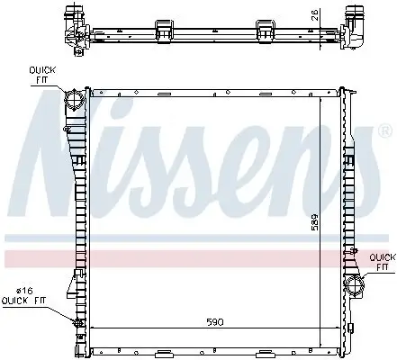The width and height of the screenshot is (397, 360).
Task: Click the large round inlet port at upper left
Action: click(x=76, y=98)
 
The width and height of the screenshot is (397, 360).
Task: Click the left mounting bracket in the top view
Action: click(x=165, y=29)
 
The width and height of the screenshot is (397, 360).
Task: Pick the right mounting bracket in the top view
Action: click(x=265, y=29)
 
